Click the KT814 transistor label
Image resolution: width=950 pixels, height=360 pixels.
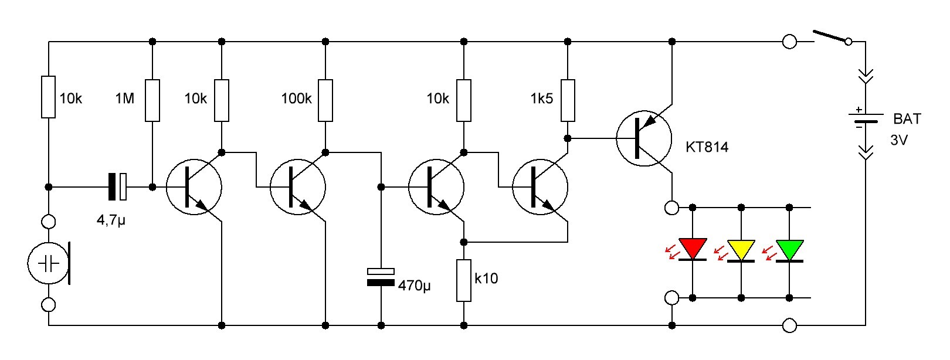(x=707, y=147)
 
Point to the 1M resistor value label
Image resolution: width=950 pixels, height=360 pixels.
(x=125, y=99)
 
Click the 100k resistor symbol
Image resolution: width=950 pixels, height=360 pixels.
(x=325, y=100)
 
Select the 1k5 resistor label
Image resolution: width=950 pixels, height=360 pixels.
(x=541, y=99)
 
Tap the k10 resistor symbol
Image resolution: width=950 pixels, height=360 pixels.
(x=464, y=281)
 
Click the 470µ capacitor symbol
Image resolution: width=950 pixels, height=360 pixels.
(x=381, y=277)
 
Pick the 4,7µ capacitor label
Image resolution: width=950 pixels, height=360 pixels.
(x=111, y=221)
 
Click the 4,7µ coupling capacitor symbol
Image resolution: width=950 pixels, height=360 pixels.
(x=117, y=186)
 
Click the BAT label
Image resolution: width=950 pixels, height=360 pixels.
(x=907, y=119)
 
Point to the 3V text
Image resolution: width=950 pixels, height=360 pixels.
(x=899, y=141)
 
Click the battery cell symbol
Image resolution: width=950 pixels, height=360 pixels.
(x=866, y=117)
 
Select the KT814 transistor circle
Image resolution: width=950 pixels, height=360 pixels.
(x=644, y=138)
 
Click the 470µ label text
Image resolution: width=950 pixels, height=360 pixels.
(x=414, y=286)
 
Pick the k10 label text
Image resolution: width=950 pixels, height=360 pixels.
(x=486, y=278)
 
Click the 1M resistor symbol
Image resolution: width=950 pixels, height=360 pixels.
(x=152, y=100)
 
